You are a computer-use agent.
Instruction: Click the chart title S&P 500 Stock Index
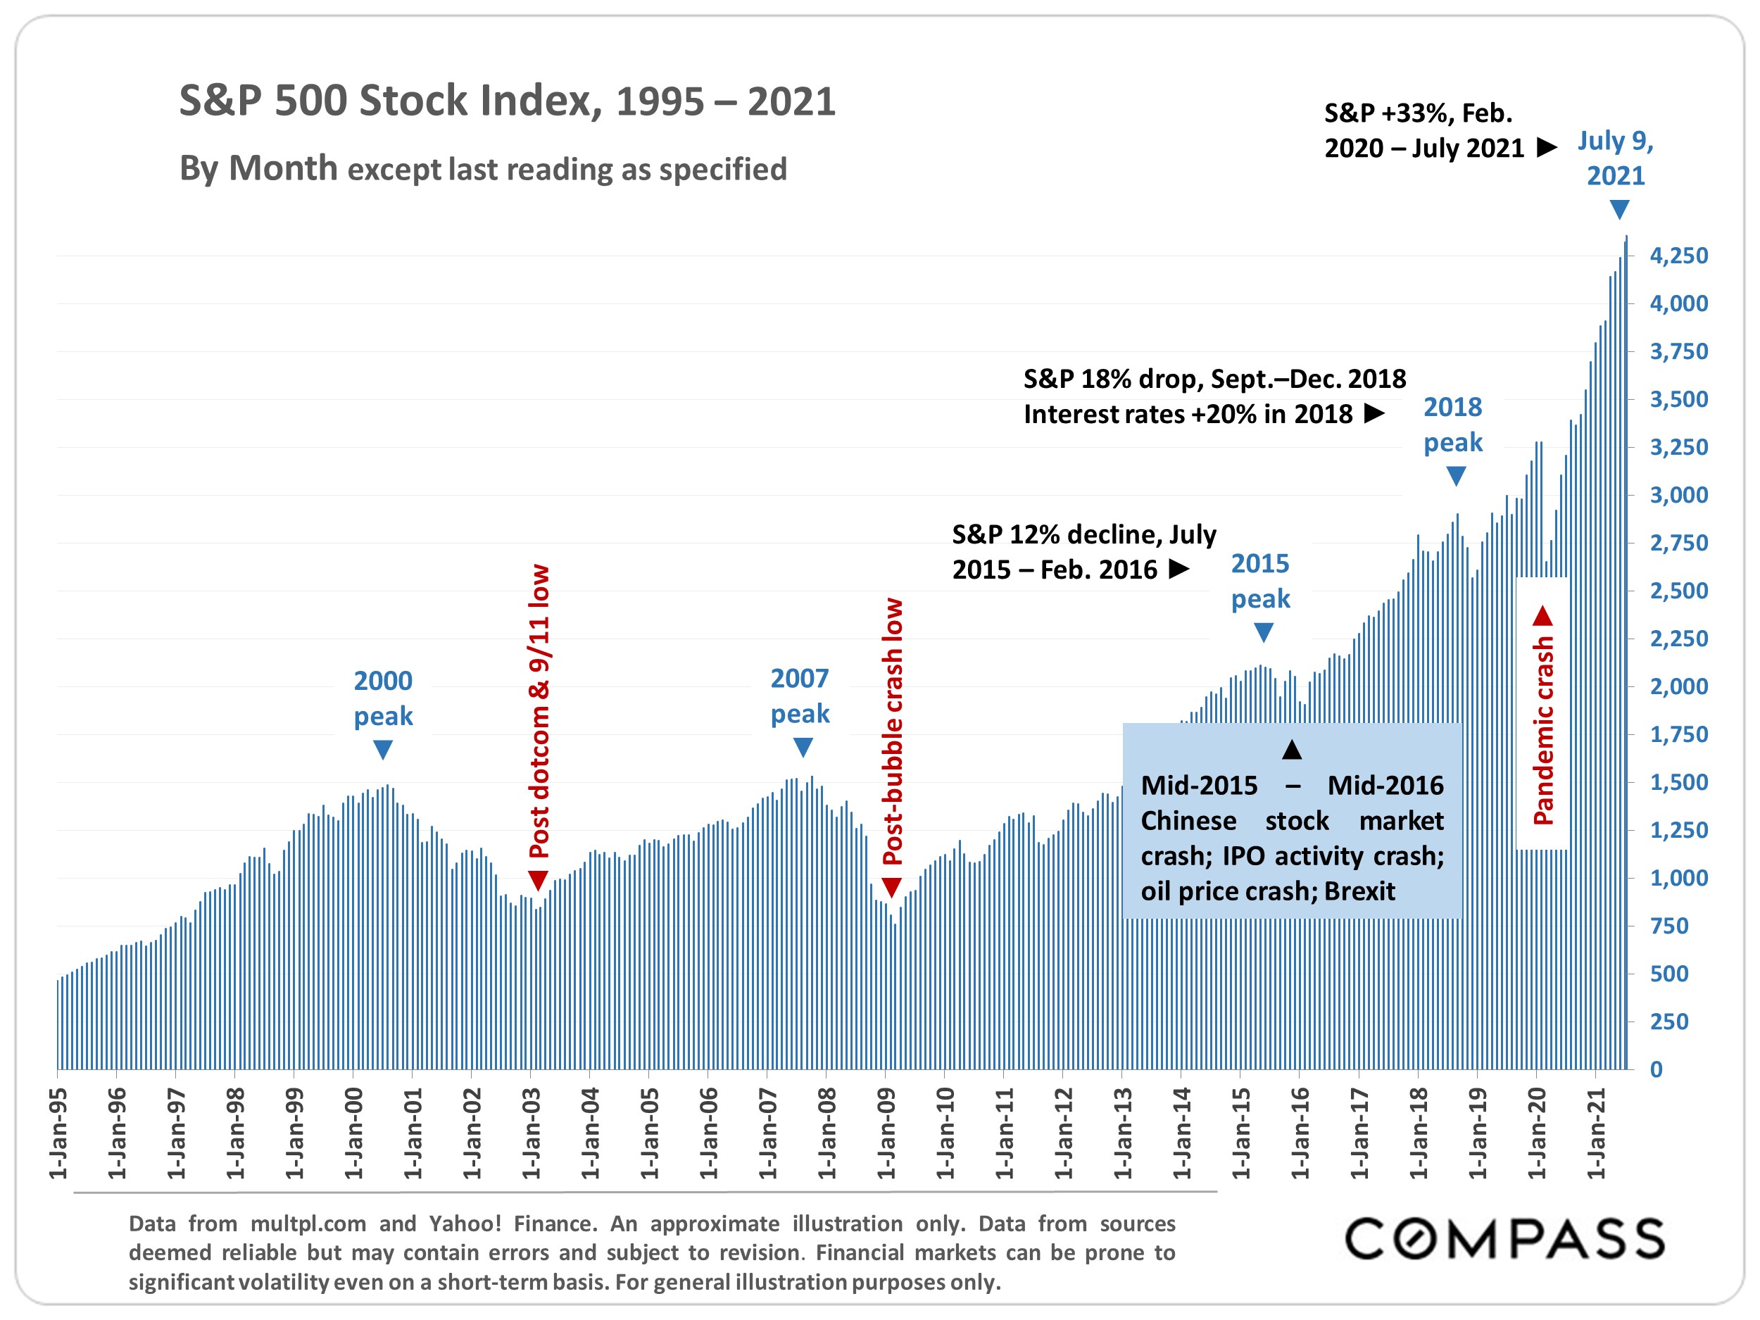point(507,101)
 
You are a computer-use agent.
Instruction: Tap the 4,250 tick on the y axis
point(1679,256)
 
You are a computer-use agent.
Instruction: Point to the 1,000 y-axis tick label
point(1679,878)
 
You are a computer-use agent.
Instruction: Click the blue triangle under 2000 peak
point(383,750)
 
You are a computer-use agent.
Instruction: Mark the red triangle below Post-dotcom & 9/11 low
point(539,880)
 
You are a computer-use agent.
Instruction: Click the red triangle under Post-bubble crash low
point(892,887)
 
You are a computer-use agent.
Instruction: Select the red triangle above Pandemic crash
point(1542,615)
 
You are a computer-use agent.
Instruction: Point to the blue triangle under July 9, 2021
point(1619,210)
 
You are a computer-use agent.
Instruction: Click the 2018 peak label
point(1453,424)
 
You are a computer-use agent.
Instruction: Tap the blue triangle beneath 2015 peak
point(1264,633)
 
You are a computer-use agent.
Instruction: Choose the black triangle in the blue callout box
point(1292,749)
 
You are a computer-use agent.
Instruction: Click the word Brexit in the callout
point(1360,891)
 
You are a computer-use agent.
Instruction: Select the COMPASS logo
point(1504,1239)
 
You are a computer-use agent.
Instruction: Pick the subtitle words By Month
point(258,169)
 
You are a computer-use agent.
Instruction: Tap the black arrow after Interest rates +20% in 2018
point(1374,414)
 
